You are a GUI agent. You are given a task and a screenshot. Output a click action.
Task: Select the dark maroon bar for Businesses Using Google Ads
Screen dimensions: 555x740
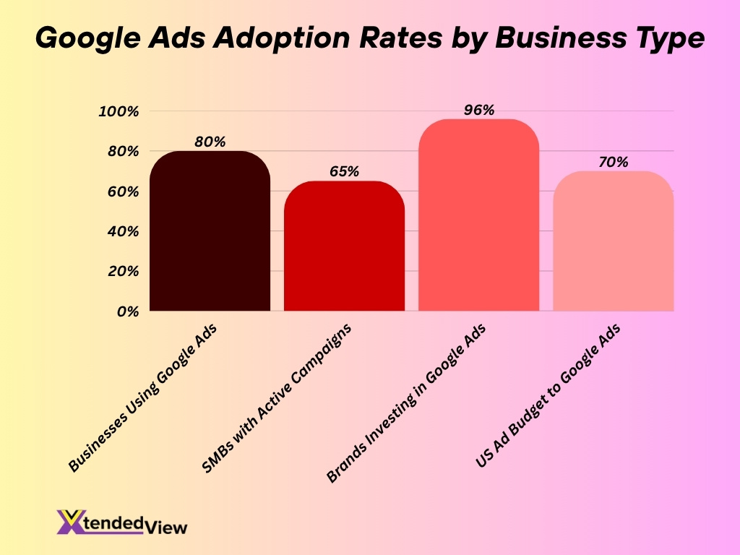(x=210, y=231)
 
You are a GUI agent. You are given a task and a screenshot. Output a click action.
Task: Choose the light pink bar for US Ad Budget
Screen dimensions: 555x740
(x=613, y=241)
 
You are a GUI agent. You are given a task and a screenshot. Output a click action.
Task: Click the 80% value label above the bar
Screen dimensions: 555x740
(x=210, y=142)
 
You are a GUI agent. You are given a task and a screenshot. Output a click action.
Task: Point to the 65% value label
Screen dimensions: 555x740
(x=344, y=171)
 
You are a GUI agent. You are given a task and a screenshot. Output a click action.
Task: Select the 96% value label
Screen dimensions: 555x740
(x=478, y=110)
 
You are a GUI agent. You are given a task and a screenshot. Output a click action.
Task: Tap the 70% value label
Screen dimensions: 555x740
(x=613, y=162)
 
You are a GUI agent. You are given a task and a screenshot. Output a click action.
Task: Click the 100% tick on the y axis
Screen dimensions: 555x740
(x=119, y=111)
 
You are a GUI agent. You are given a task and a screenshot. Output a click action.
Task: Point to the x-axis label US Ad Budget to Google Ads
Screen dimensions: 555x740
(x=549, y=396)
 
